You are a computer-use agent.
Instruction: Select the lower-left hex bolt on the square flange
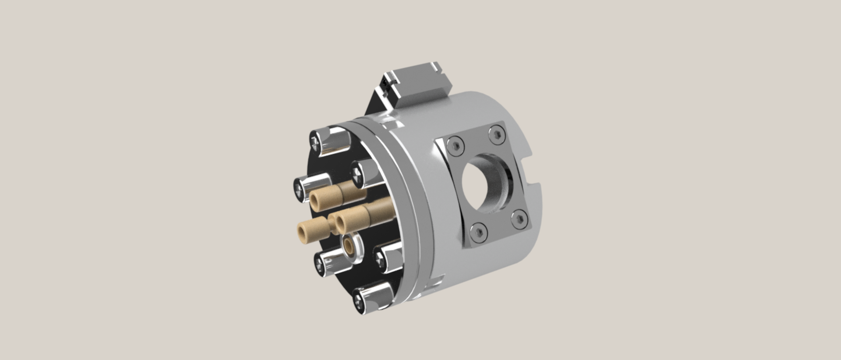click(478, 232)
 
